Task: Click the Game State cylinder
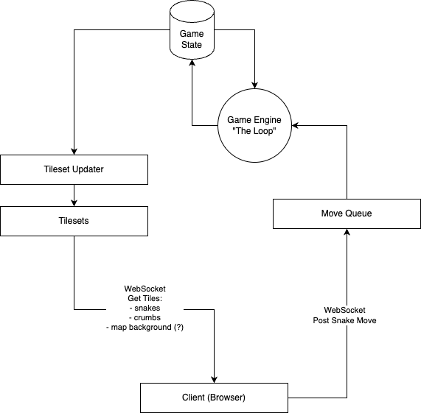click(192, 29)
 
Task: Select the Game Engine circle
click(254, 125)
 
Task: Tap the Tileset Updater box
click(74, 169)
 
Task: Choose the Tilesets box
click(74, 221)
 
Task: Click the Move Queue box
click(347, 213)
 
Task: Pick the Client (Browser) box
click(215, 398)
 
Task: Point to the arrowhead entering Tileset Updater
click(74, 152)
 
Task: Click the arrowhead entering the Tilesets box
click(74, 203)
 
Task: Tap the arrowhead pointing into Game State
click(192, 63)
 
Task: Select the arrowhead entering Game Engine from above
click(254, 85)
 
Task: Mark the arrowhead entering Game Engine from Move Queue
click(295, 125)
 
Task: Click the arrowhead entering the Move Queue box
click(347, 232)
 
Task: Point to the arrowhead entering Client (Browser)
click(215, 379)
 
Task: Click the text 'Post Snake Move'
click(345, 320)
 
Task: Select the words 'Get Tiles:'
click(145, 298)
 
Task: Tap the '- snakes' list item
click(145, 308)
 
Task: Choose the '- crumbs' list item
click(145, 317)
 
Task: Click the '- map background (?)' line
click(145, 328)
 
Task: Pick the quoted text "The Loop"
click(254, 131)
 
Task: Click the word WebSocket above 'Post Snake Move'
click(345, 310)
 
